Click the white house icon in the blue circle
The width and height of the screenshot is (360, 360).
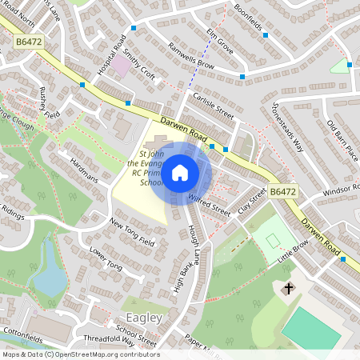click(180, 172)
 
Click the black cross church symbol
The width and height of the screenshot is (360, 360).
click(288, 288)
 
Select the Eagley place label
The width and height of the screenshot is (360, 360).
click(142, 318)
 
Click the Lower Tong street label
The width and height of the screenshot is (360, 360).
click(106, 258)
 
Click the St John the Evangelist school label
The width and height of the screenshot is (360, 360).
click(143, 168)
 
